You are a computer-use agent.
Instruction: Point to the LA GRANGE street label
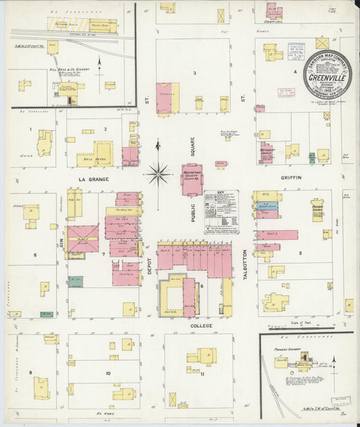(x=93, y=178)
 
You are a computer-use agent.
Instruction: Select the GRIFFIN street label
(x=291, y=178)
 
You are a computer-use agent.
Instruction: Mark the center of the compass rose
(x=158, y=175)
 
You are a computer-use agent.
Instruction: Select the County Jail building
(x=272, y=12)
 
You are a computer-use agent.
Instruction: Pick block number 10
(x=107, y=372)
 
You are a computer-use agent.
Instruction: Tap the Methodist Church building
(x=266, y=153)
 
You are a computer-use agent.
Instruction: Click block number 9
(x=30, y=372)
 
